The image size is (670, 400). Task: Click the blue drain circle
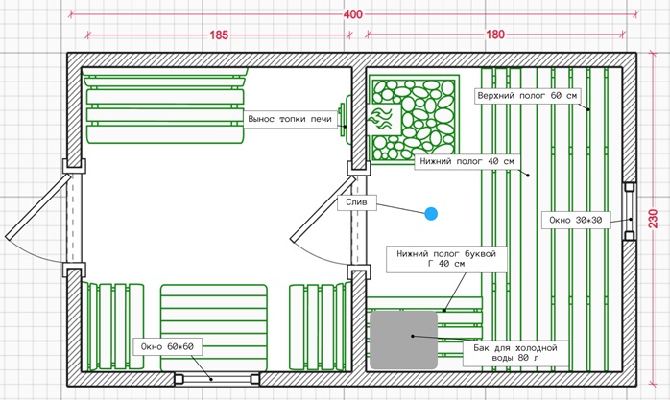point(431,214)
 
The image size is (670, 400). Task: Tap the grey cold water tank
point(404,341)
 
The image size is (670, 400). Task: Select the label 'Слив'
point(357,202)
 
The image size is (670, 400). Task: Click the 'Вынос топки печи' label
point(290,119)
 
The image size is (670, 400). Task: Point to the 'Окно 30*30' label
point(576,221)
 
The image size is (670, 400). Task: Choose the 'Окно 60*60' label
point(167,346)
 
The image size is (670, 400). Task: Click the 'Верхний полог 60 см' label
point(527,96)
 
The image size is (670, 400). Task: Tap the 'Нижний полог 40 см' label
point(467,161)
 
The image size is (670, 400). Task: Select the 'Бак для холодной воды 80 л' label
point(515,353)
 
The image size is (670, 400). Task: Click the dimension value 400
point(353,14)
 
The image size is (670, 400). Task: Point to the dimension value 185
point(219,35)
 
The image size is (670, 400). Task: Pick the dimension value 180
point(495,35)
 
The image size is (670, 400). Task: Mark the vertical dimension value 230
point(654,219)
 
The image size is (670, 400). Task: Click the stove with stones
point(414,119)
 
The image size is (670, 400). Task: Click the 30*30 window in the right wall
point(629,212)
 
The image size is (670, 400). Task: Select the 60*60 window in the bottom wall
point(217,379)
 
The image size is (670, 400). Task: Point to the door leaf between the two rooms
point(323,210)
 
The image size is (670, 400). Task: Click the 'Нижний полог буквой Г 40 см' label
point(446,259)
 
